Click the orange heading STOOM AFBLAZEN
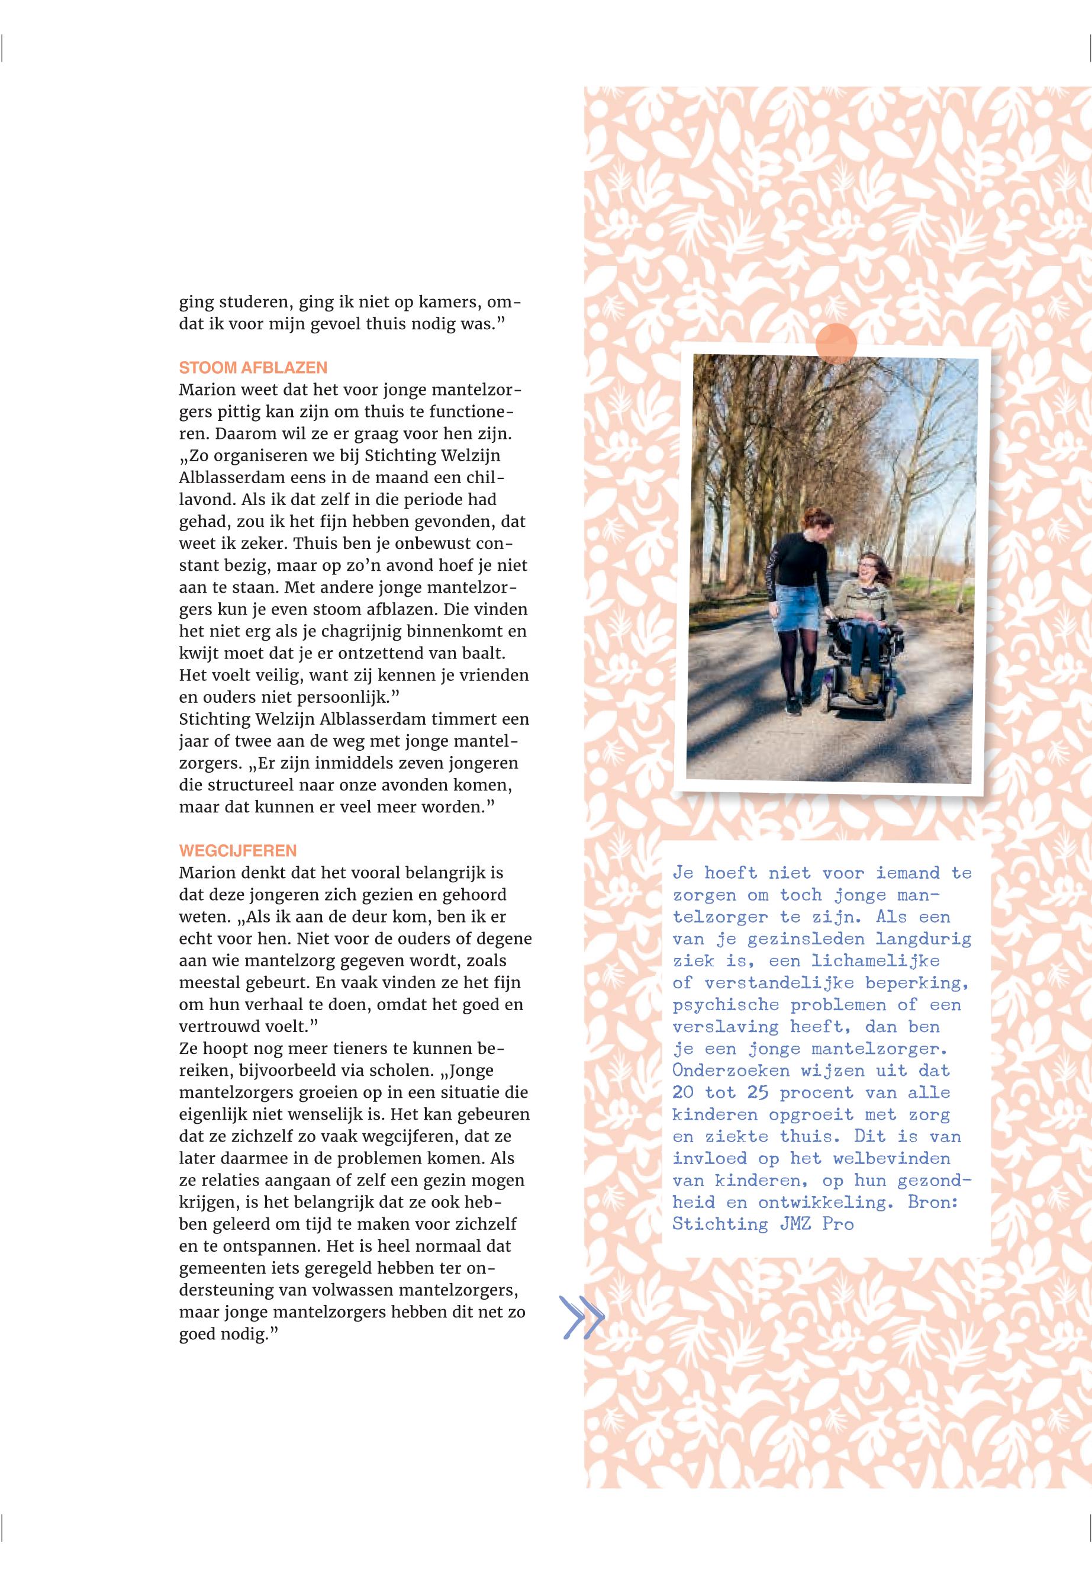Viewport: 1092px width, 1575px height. coord(253,368)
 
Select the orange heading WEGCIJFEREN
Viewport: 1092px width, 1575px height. coord(237,851)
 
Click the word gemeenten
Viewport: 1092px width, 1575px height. coord(220,1268)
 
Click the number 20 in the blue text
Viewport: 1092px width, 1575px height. coord(683,1093)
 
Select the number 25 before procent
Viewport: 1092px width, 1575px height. coord(758,1093)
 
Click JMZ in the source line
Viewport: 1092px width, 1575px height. coord(795,1224)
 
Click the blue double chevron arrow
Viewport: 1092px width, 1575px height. coord(583,1317)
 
